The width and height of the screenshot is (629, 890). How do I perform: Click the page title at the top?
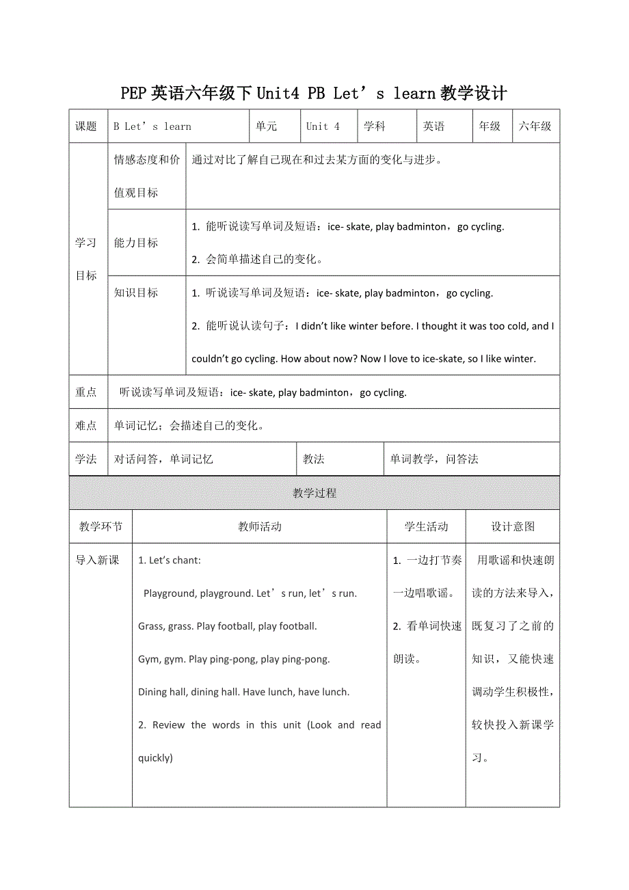314,93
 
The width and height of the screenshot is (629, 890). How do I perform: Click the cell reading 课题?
87,126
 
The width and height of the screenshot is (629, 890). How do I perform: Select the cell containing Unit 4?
323,126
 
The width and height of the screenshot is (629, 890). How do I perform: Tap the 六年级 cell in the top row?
535,126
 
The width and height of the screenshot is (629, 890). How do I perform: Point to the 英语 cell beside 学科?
434,126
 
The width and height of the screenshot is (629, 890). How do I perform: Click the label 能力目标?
136,243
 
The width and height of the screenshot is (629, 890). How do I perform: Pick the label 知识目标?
136,293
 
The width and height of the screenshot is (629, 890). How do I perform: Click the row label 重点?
87,392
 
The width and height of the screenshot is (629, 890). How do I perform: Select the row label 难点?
87,425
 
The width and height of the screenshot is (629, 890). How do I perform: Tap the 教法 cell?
314,459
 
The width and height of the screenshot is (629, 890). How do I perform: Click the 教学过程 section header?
314,493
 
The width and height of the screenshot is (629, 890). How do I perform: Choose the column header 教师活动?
260,526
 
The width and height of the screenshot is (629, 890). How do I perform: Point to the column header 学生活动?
427,526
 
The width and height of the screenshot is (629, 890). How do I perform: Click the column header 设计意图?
513,526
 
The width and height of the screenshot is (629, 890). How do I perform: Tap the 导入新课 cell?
98,560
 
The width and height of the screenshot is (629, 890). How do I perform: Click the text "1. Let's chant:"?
170,561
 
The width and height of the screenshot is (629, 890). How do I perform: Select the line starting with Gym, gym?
234,659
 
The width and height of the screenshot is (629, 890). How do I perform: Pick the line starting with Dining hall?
243,692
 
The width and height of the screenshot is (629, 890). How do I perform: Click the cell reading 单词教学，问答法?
434,459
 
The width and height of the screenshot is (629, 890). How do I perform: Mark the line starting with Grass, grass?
227,626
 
